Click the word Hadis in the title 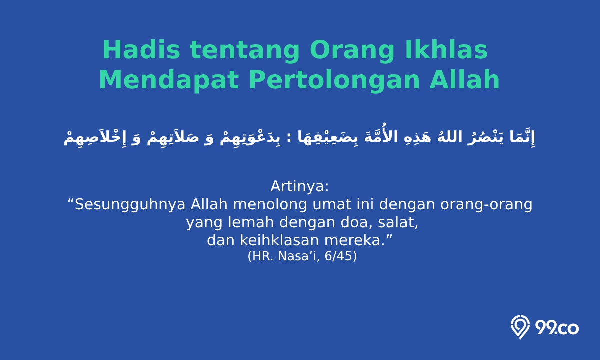click(x=141, y=50)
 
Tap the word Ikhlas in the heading click(x=446, y=50)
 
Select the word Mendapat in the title click(x=169, y=80)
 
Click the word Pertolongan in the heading click(x=334, y=80)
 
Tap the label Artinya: click(x=299, y=186)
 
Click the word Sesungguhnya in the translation click(x=130, y=205)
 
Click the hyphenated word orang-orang click(x=486, y=205)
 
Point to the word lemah click(x=251, y=222)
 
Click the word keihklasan click(x=279, y=240)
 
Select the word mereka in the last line click(x=352, y=240)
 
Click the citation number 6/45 click(x=338, y=256)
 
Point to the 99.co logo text click(x=557, y=328)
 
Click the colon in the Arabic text click(x=289, y=138)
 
